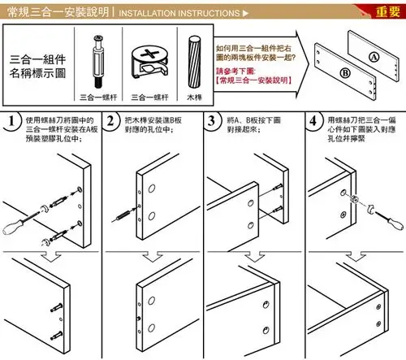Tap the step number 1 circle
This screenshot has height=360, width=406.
(11, 122)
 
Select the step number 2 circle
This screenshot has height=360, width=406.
(111, 122)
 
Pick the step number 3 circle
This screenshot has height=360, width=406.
(213, 122)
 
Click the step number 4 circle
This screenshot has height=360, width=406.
(313, 122)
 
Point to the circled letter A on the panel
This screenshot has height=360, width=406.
(373, 57)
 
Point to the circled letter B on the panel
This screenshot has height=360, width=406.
(345, 72)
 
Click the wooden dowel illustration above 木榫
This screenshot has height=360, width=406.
(194, 60)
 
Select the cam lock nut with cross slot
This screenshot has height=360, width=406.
(149, 61)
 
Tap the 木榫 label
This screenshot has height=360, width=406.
(194, 96)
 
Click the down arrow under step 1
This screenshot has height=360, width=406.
(50, 259)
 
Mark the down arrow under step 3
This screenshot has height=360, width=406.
(253, 259)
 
